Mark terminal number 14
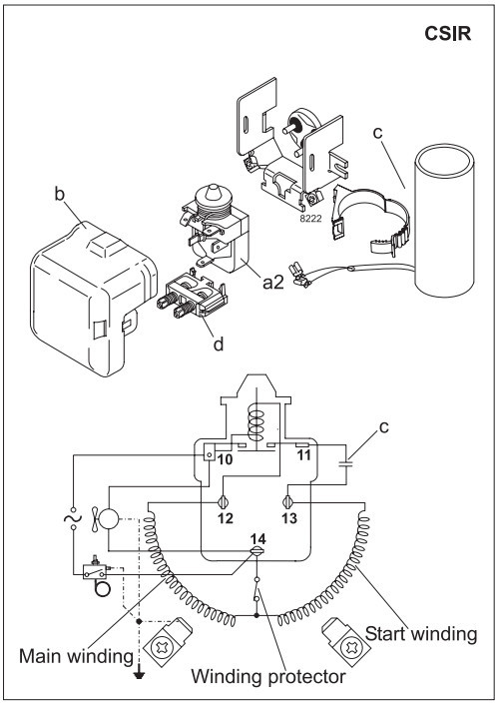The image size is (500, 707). pos(257,538)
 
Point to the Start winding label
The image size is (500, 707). pos(423,633)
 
